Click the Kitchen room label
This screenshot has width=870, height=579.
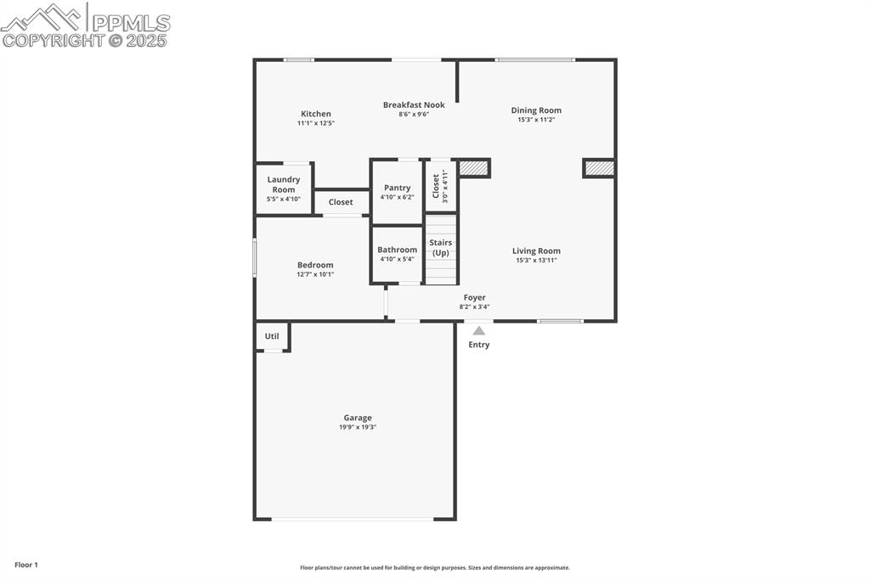pyautogui.click(x=316, y=114)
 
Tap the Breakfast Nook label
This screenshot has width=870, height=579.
pyautogui.click(x=414, y=105)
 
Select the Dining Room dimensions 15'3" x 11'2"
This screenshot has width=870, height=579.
pyautogui.click(x=536, y=120)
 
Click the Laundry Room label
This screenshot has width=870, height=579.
pyautogui.click(x=284, y=184)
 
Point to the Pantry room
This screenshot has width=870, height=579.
pyautogui.click(x=397, y=188)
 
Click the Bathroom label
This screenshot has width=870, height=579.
pyautogui.click(x=398, y=250)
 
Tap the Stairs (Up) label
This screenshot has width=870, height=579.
pyautogui.click(x=441, y=247)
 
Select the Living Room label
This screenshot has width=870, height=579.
pyautogui.click(x=536, y=251)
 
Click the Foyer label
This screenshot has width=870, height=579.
pyautogui.click(x=474, y=298)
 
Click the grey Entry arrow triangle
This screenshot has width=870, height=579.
pyautogui.click(x=479, y=331)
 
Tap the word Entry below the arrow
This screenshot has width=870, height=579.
pyautogui.click(x=479, y=345)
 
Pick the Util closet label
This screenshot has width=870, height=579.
pyautogui.click(x=272, y=336)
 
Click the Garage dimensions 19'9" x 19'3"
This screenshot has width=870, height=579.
pyautogui.click(x=358, y=427)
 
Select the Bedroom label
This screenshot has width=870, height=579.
pyautogui.click(x=315, y=265)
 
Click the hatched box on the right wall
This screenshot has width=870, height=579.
pyautogui.click(x=600, y=168)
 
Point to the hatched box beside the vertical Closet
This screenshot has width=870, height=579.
pyautogui.click(x=474, y=168)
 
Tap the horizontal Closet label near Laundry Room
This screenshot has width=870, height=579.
pyautogui.click(x=341, y=202)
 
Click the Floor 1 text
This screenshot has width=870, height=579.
pyautogui.click(x=26, y=565)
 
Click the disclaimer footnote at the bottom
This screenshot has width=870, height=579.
pyautogui.click(x=434, y=568)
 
